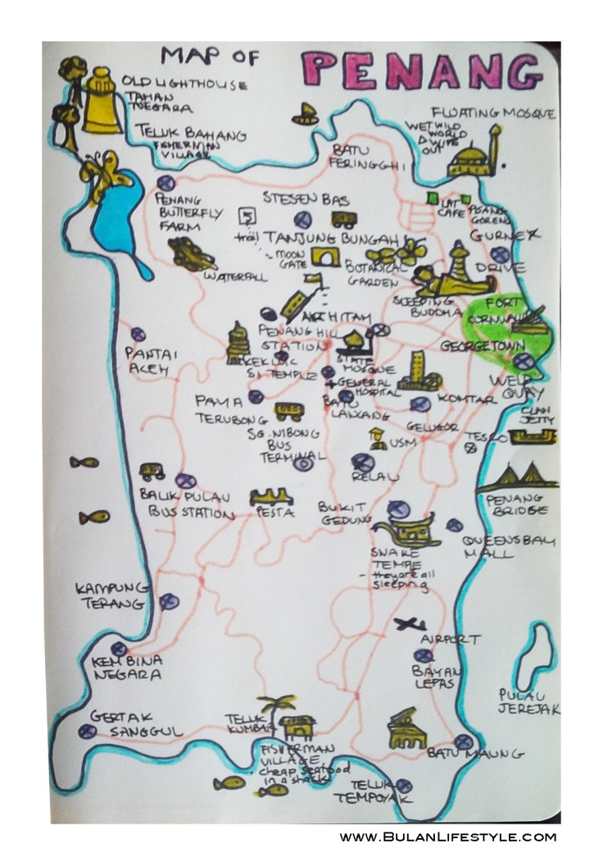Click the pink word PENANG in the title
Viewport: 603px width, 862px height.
click(419, 71)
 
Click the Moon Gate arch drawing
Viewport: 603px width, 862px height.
click(328, 258)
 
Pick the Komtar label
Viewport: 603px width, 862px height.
click(467, 399)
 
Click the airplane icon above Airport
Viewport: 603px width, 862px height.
click(409, 624)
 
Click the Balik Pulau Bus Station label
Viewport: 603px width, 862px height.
click(184, 504)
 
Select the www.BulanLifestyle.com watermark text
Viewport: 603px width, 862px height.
click(448, 837)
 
